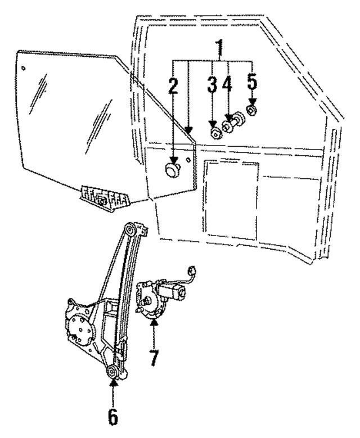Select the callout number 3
pos(212,85)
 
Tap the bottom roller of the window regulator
pos(112,371)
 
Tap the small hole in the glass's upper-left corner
pos(24,67)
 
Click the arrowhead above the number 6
pos(113,384)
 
